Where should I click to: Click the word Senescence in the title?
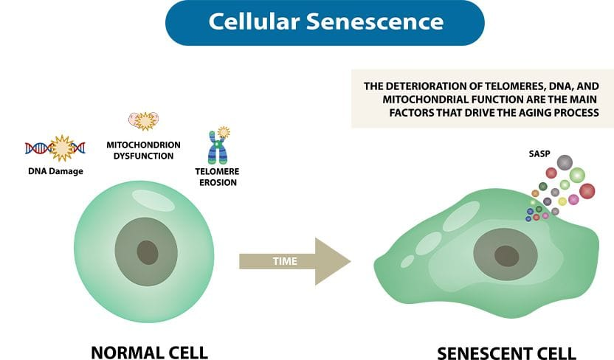coord(375,21)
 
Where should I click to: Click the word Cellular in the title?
coord(254,21)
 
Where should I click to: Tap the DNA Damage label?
coord(55,171)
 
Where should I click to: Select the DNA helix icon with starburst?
coord(55,148)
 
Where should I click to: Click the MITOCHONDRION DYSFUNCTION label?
coord(143,150)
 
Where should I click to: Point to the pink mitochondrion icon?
coord(144,120)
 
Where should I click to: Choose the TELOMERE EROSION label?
coord(217,177)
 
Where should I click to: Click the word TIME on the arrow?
coord(285,261)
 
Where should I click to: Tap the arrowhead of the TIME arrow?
coord(333,261)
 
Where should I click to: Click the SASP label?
coord(539,153)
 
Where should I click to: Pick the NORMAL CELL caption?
coord(149,352)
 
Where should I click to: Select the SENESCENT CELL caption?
coord(506,353)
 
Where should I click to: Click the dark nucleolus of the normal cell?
coord(148,252)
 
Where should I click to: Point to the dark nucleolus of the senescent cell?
coord(507,256)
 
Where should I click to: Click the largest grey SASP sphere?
coord(565,162)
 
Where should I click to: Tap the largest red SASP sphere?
coord(587,191)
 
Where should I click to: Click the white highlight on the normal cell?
coord(153,201)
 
